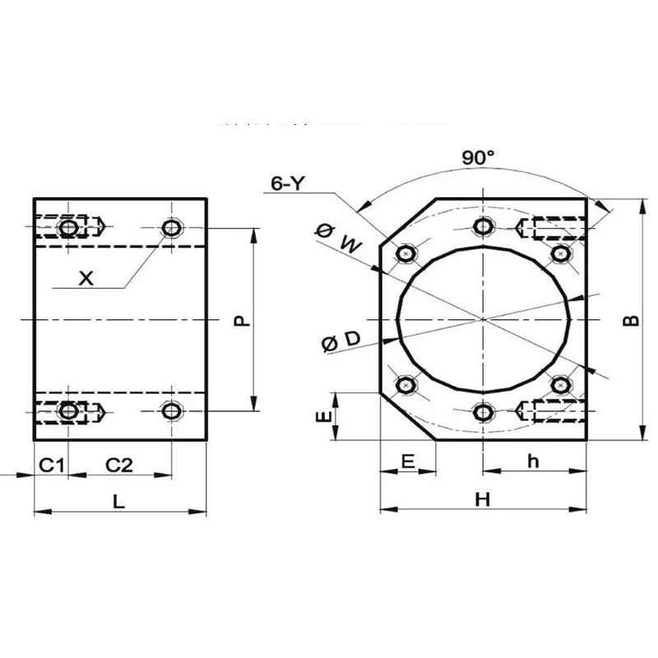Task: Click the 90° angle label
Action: [x=478, y=159]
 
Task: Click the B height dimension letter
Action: [x=630, y=320]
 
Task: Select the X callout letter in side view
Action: [x=86, y=278]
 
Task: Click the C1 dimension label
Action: [x=52, y=465]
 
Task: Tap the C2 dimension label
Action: [x=120, y=465]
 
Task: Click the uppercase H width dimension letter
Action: [x=483, y=500]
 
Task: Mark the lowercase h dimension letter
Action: [x=533, y=462]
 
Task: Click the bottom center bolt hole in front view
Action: [x=484, y=411]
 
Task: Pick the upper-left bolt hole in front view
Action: [x=405, y=254]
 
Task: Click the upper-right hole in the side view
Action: [x=171, y=227]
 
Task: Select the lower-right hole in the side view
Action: [x=171, y=410]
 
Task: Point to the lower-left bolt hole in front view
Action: [x=405, y=384]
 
